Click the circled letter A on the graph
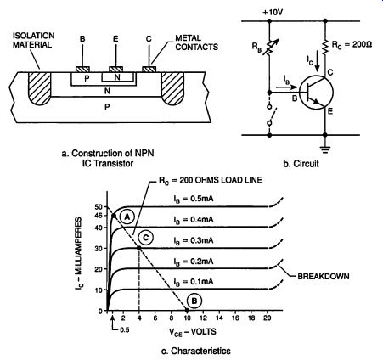pyautogui.click(x=127, y=217)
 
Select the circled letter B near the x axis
pyautogui.click(x=194, y=301)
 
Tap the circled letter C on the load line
pyautogui.click(x=146, y=238)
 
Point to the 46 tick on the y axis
pyautogui.click(x=99, y=216)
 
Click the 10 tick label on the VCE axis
pyautogui.click(x=187, y=318)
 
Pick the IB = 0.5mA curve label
pyautogui.click(x=194, y=199)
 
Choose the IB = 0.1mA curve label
pyautogui.click(x=194, y=282)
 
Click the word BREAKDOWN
pyautogui.click(x=324, y=276)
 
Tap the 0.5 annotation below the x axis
pyautogui.click(x=124, y=330)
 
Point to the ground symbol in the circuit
pyautogui.click(x=325, y=149)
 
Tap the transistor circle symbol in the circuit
pyautogui.click(x=316, y=92)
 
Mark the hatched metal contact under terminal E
pyautogui.click(x=116, y=70)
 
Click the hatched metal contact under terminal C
pyautogui.click(x=149, y=70)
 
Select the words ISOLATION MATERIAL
pyautogui.click(x=33, y=40)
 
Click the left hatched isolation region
pyautogui.click(x=39, y=87)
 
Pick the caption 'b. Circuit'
pyautogui.click(x=301, y=164)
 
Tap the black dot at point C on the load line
pyautogui.click(x=139, y=248)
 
